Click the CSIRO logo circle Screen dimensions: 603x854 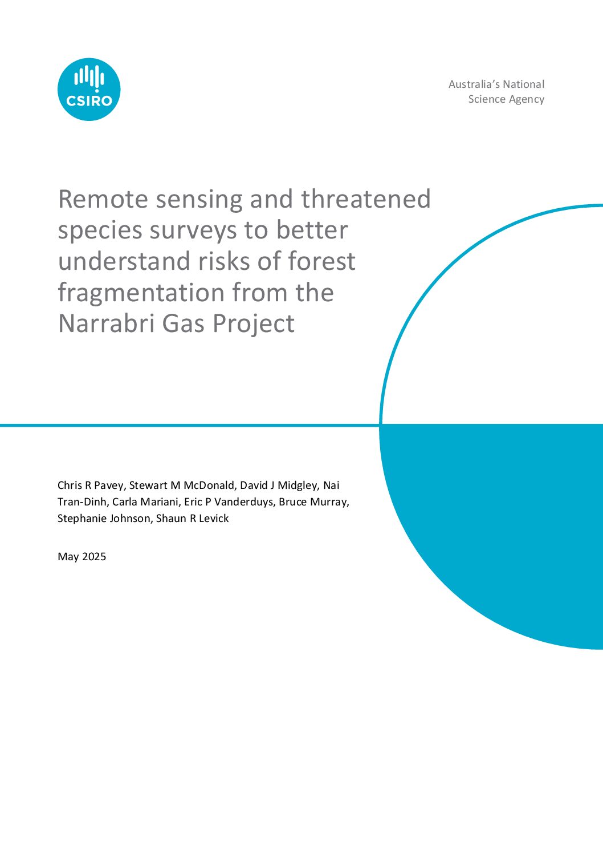click(x=89, y=89)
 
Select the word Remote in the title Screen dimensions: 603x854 click(x=103, y=199)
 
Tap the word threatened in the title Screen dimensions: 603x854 click(x=366, y=199)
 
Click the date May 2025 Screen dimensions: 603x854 click(x=82, y=557)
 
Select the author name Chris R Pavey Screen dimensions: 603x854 click(x=91, y=485)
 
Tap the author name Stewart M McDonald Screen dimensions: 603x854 click(x=182, y=485)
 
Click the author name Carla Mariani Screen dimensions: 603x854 click(x=145, y=501)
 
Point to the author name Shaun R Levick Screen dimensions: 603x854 click(x=193, y=519)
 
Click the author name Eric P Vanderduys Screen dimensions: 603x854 click(x=229, y=502)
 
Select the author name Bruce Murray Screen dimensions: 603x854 click(x=313, y=502)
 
